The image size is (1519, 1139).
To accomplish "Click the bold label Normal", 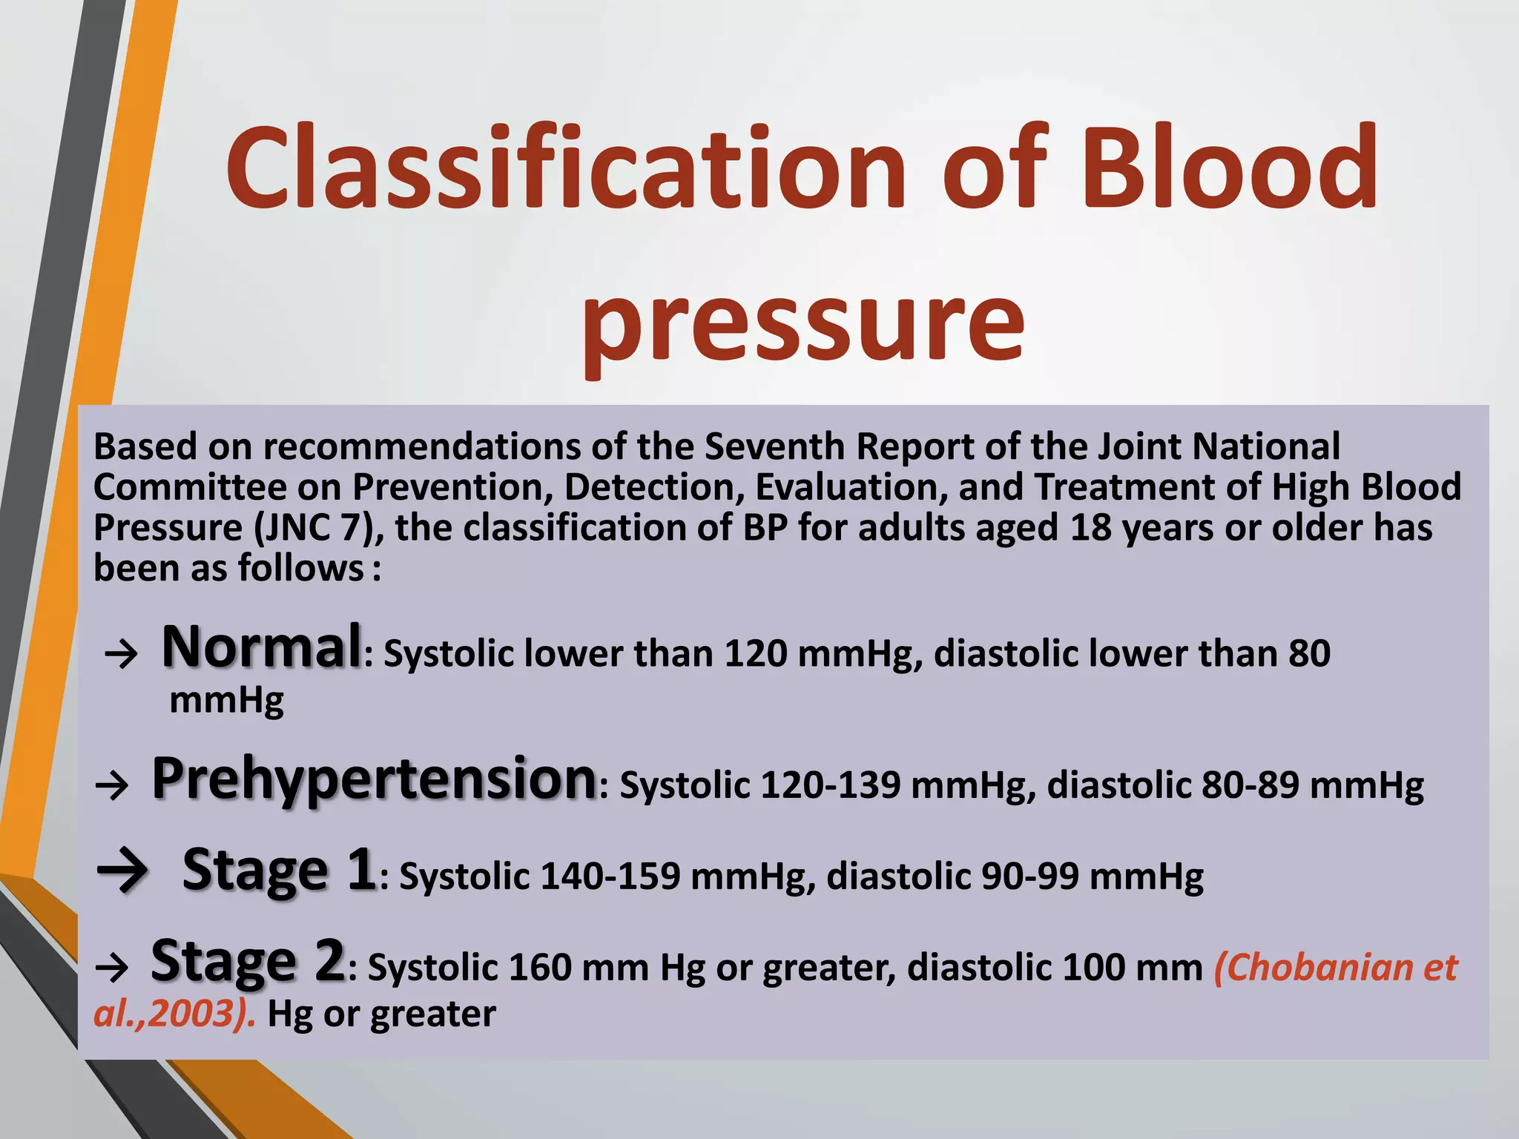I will [262, 647].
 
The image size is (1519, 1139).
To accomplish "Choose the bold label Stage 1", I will [279, 869].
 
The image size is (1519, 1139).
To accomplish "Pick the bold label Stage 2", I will [248, 961].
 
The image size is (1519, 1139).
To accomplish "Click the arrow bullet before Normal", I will [121, 654].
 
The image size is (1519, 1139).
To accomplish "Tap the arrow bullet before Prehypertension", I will [112, 785].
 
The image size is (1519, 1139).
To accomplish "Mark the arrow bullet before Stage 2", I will [112, 968].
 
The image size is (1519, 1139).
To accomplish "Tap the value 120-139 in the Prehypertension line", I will [831, 785].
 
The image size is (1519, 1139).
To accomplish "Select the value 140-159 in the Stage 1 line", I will [610, 876].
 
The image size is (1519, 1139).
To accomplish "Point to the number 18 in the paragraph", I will [1091, 528].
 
